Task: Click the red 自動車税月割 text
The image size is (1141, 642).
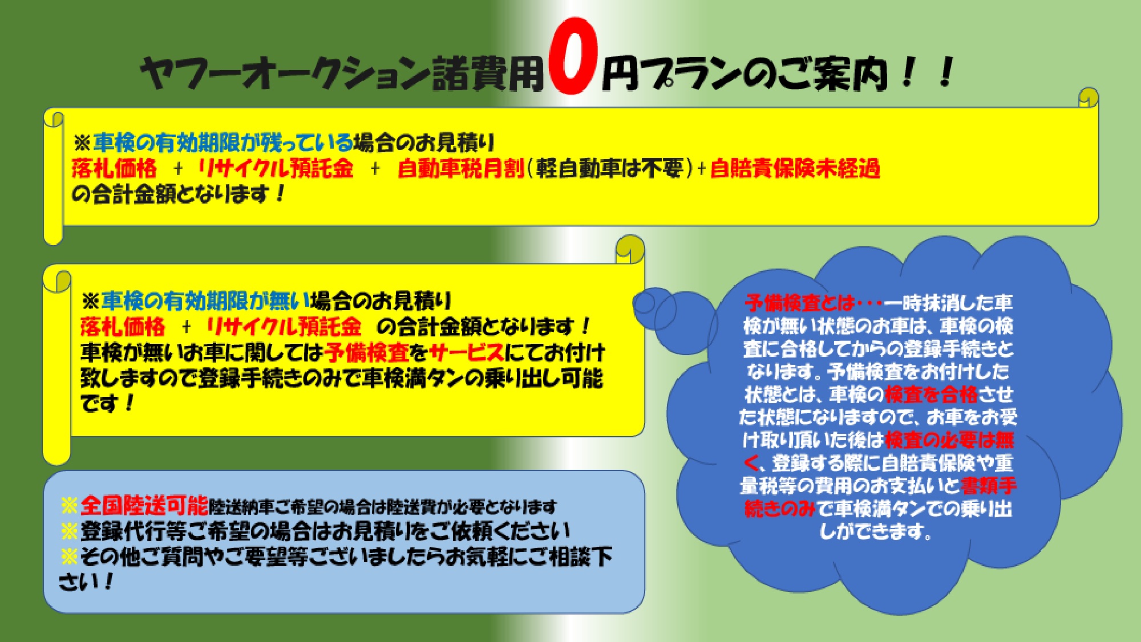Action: pos(460,169)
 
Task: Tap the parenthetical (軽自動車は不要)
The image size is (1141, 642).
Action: pos(610,169)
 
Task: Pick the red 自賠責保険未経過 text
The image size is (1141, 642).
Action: pos(795,169)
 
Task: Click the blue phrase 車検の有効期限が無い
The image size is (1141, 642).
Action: pos(206,300)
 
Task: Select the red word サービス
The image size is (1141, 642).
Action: pos(467,352)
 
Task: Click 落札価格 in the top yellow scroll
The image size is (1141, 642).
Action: pos(114,169)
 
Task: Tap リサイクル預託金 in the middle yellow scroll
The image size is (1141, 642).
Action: pos(284,327)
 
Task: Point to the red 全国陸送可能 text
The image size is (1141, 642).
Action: pos(144,505)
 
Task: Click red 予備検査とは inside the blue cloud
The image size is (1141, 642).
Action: pos(799,302)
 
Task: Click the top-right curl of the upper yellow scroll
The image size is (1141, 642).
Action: pos(1089,97)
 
